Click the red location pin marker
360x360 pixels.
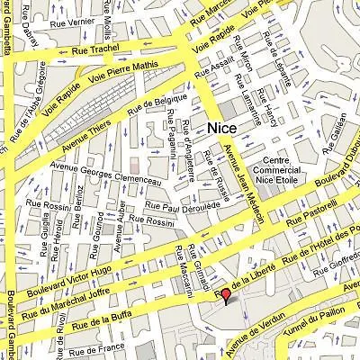226,294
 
